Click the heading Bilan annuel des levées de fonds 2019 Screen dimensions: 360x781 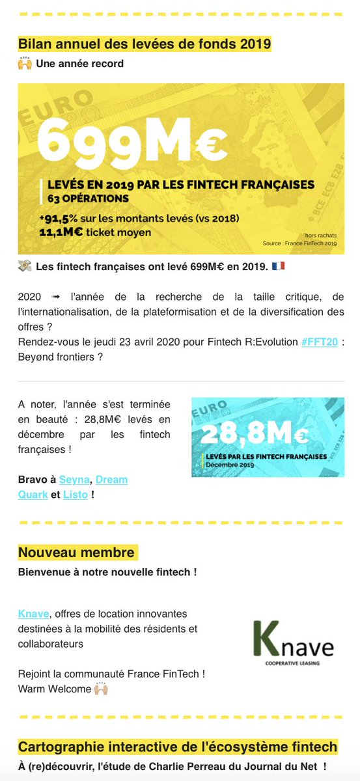click(145, 44)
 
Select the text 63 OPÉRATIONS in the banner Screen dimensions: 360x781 click(87, 198)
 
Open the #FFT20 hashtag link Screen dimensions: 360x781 click(320, 342)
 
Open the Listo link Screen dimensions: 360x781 click(76, 495)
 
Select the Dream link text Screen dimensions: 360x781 click(111, 480)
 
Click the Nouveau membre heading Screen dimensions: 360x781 click(77, 553)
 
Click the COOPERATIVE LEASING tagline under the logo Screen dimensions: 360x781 click(293, 665)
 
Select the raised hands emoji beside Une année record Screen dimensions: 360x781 click(25, 64)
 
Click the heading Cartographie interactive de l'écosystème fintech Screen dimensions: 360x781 click(178, 747)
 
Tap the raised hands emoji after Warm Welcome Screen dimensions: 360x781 click(100, 687)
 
